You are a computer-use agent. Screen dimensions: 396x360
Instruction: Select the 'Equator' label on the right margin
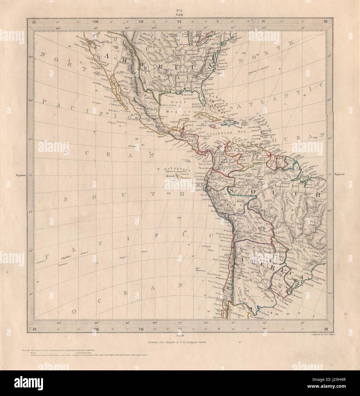(340, 174)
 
